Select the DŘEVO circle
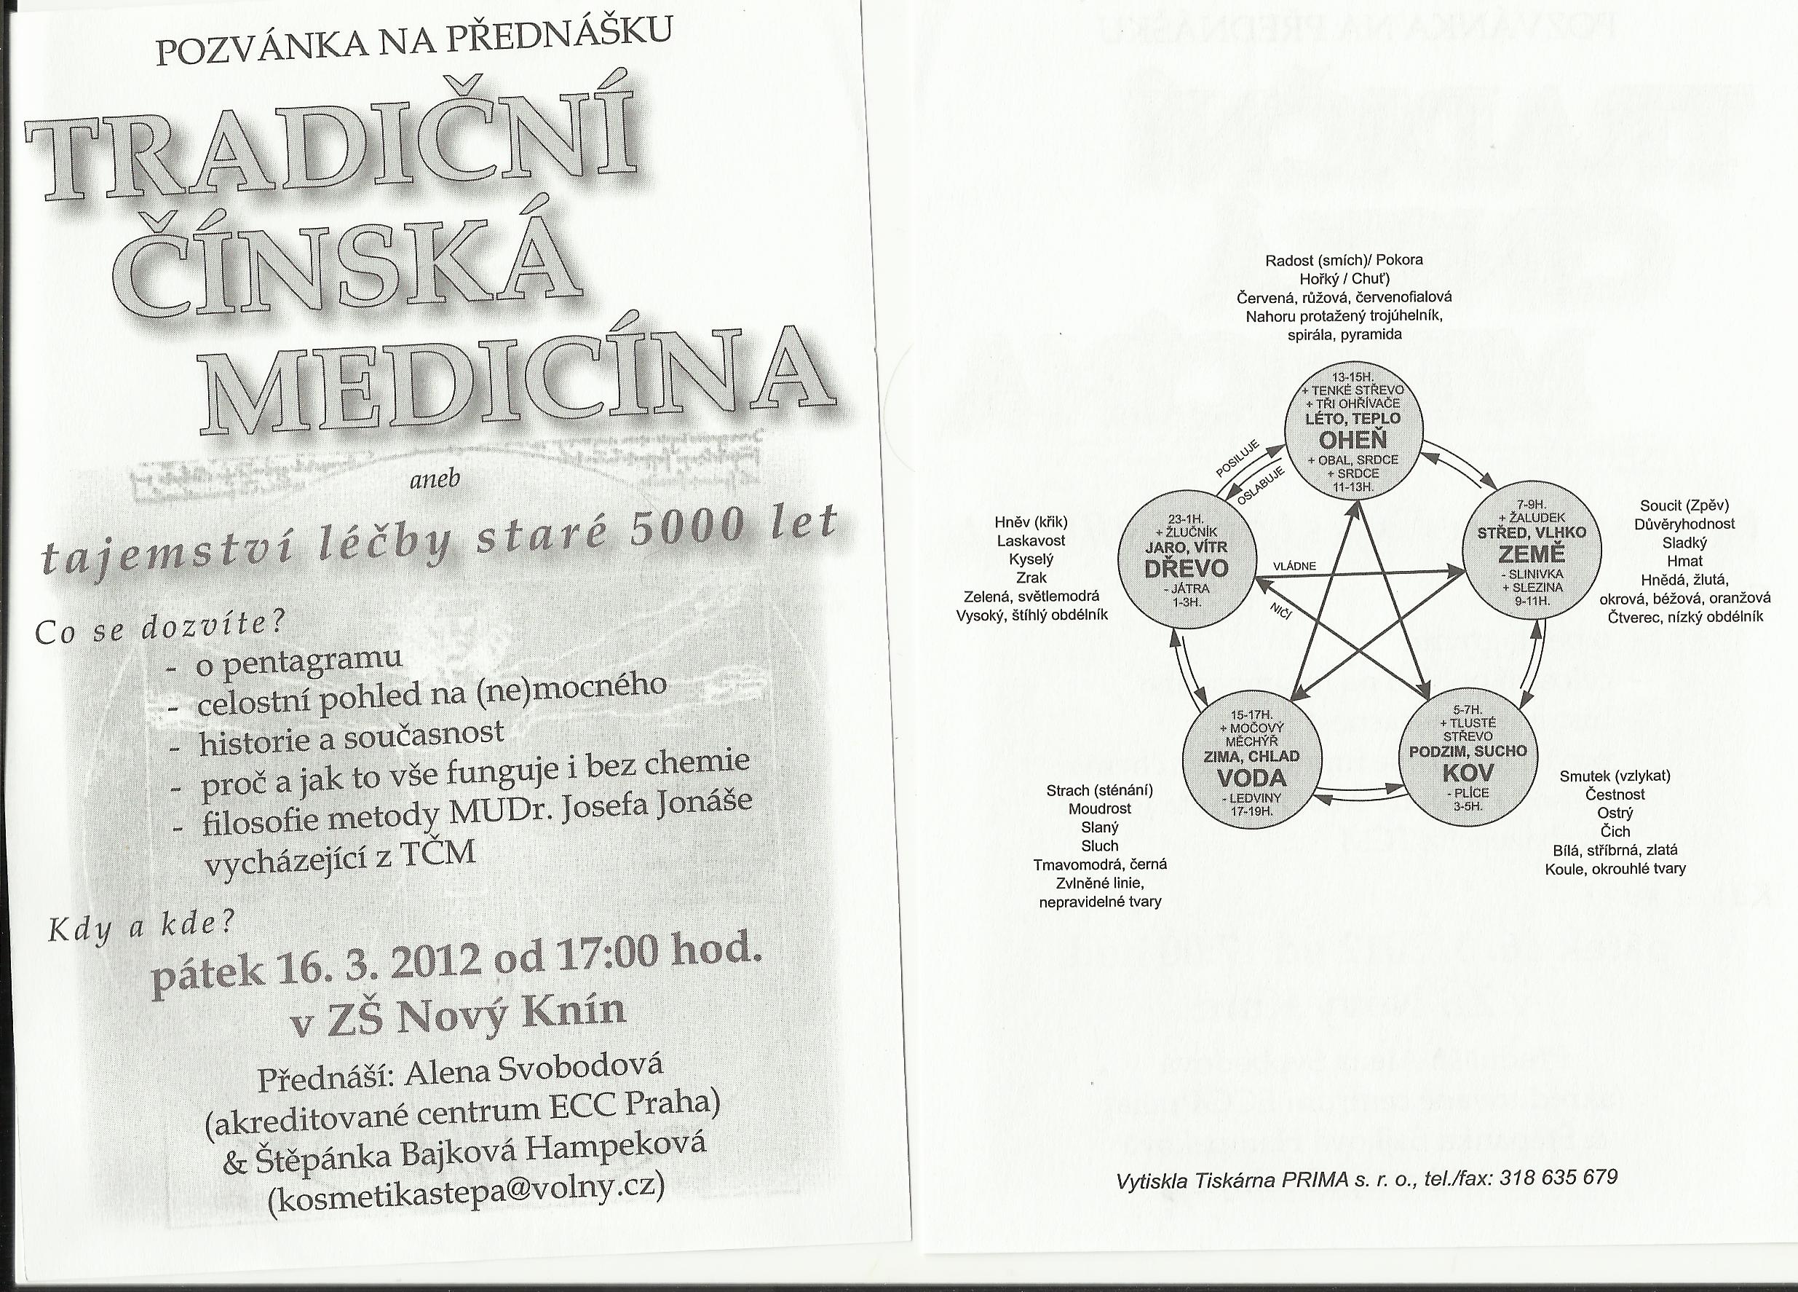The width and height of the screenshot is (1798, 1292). point(1186,559)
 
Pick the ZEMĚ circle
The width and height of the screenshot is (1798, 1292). point(1532,552)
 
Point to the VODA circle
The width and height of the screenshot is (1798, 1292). point(1252,760)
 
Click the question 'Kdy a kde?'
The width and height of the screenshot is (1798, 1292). point(142,928)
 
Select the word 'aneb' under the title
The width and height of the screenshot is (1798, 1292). point(435,479)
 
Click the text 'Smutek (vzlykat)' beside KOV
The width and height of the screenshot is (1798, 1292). point(1615,776)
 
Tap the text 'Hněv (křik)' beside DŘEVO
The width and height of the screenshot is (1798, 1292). point(1031,522)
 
